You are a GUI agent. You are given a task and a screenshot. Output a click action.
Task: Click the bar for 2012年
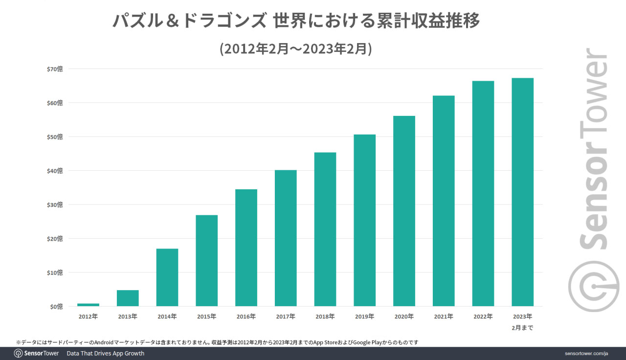point(88,305)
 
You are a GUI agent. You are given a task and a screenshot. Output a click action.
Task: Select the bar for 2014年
point(167,277)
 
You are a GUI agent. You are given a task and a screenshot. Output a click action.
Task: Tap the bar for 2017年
point(286,238)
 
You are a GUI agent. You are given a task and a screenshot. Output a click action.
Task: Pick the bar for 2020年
point(404,211)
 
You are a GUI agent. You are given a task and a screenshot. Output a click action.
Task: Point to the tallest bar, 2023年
point(522,192)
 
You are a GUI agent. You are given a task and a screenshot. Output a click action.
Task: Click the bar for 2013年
point(128,298)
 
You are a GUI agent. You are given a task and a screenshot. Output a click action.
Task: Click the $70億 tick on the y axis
point(55,69)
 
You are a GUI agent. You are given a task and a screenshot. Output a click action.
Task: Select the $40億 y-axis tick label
point(55,171)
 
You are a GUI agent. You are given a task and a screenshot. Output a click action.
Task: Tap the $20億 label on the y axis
point(55,239)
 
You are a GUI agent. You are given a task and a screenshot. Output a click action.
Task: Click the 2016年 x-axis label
point(246,316)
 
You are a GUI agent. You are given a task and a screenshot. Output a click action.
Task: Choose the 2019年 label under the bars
point(364,316)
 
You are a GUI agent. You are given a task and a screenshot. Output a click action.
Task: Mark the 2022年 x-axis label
point(483,316)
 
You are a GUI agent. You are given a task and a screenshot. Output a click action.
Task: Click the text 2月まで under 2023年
point(522,328)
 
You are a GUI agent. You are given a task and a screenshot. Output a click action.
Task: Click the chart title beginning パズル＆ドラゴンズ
point(296,21)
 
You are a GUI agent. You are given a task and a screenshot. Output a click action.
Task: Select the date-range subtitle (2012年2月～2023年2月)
point(296,49)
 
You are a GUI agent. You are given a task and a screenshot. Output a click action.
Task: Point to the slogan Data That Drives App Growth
point(105,353)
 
